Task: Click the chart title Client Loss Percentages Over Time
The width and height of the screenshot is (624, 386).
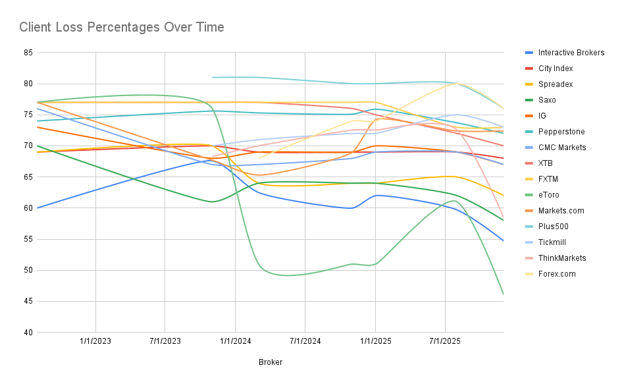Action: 122,28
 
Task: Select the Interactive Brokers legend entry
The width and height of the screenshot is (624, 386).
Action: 571,53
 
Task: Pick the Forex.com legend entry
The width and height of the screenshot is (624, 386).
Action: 557,274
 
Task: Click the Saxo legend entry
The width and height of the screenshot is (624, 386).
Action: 547,100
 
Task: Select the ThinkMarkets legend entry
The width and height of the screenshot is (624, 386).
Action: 561,258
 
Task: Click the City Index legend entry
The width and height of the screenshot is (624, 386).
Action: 555,69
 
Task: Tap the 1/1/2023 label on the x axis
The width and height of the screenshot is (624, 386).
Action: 96,342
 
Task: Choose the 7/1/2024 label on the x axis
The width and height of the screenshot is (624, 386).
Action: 305,342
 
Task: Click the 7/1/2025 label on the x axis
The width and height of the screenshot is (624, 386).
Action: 445,342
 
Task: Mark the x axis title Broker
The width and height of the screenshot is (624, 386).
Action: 271,362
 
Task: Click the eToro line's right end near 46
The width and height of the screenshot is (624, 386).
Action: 503,294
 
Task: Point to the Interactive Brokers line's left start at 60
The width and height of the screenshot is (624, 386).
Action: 38,208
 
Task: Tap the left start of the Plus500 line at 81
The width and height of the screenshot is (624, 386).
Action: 213,78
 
